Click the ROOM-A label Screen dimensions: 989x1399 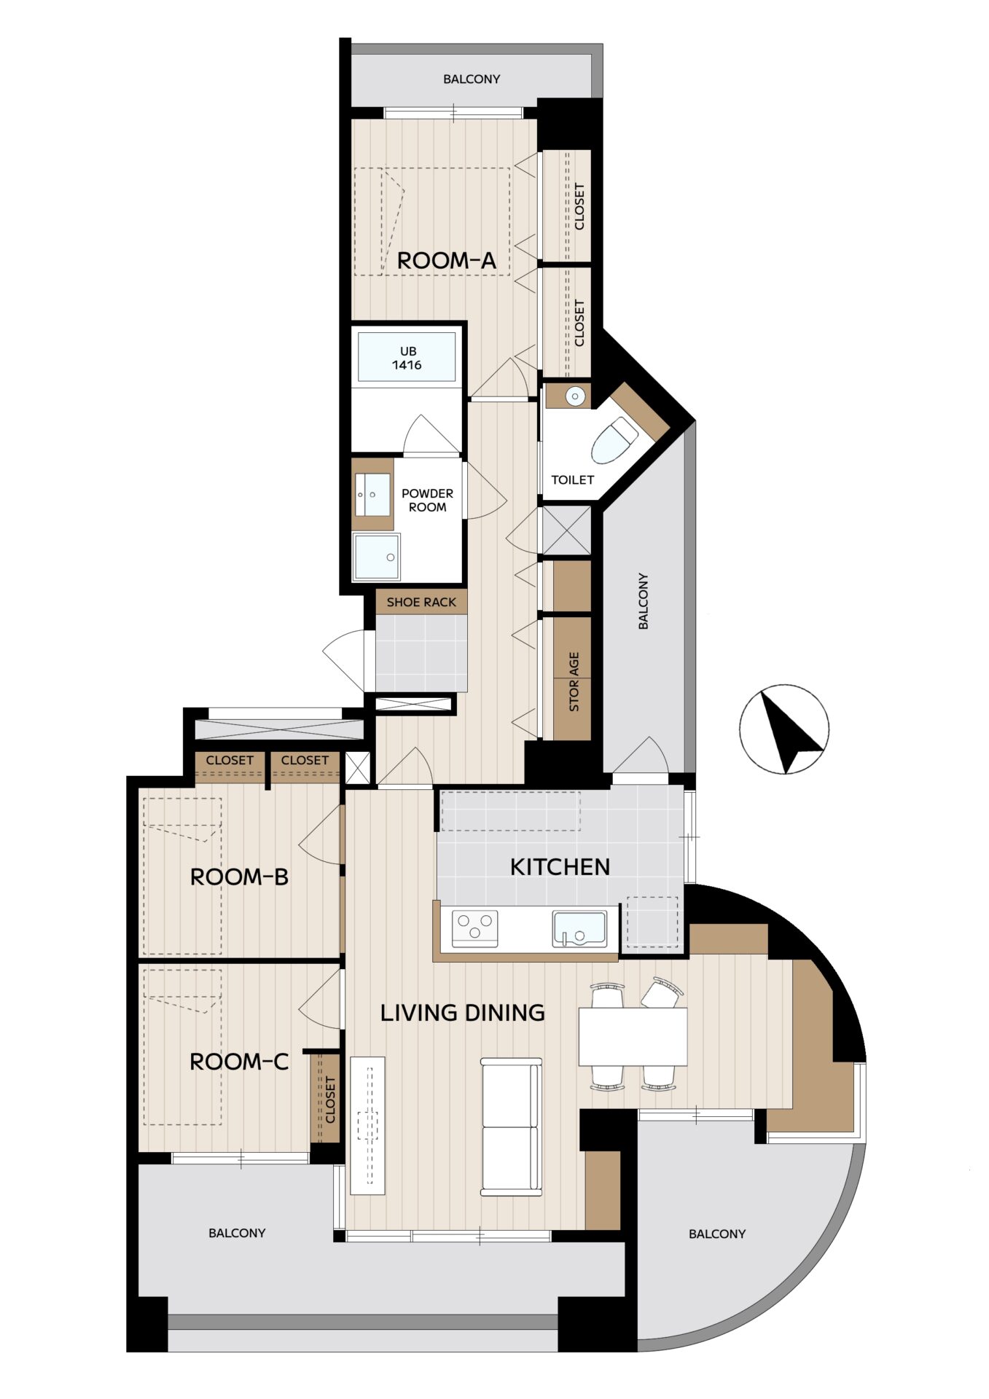446,260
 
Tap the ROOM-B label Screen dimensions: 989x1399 239,877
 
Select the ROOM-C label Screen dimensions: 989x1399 239,1062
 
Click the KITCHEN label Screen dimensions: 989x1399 560,866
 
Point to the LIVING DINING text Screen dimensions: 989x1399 463,1012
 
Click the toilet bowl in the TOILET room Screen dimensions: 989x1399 614,440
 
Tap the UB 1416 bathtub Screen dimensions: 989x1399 407,356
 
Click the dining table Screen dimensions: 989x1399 633,1036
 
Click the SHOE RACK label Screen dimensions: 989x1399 421,602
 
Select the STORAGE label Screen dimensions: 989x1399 574,681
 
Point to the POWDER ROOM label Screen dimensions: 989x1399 427,500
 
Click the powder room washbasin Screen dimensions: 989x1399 372,493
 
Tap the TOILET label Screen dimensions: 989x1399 572,479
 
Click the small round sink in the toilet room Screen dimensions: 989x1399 576,396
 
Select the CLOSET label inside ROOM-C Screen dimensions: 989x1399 330,1100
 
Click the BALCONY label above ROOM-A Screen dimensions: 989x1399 472,79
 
